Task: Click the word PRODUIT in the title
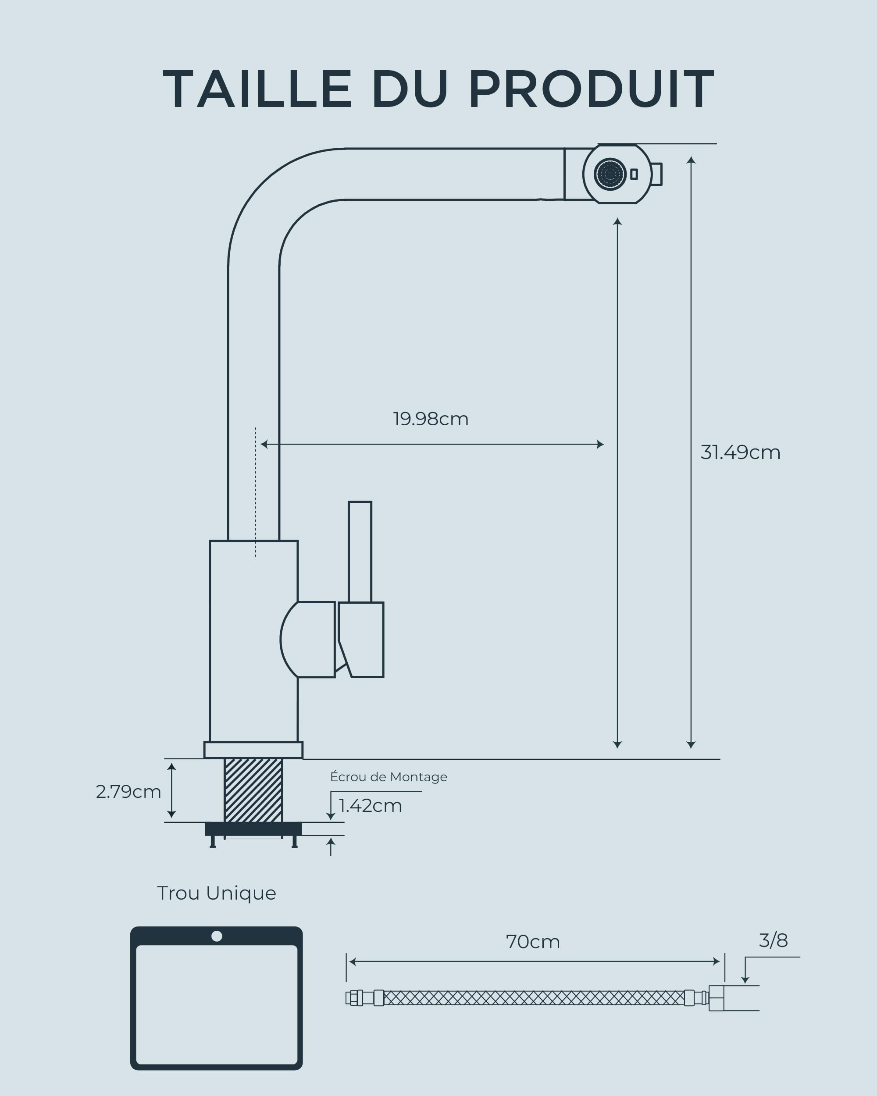(x=591, y=89)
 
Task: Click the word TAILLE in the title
(x=257, y=89)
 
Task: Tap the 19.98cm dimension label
(x=431, y=419)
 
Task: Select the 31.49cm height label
(x=740, y=452)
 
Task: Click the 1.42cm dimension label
(x=370, y=806)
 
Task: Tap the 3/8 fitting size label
(x=773, y=940)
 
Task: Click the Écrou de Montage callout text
(x=389, y=777)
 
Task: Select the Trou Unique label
(x=217, y=893)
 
